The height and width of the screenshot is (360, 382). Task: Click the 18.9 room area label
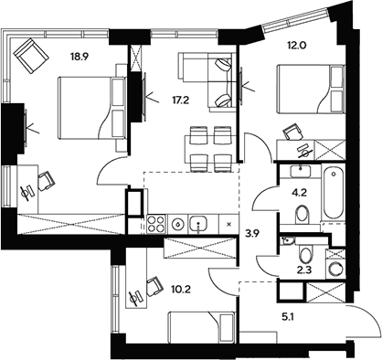click(80, 54)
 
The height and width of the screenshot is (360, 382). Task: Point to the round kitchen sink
click(199, 222)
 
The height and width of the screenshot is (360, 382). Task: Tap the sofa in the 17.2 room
click(205, 80)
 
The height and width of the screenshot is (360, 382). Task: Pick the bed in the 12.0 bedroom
click(306, 95)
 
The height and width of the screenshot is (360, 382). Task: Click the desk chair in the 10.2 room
click(138, 295)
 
